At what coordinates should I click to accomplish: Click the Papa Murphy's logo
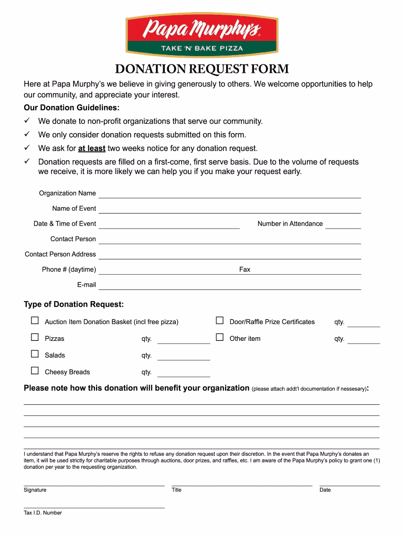coord(202,34)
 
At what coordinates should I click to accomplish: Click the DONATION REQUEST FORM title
coord(202,69)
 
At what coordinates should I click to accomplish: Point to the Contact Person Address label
coord(60,254)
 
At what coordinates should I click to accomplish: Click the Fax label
coord(244,270)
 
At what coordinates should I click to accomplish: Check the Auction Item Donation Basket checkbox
coord(35,321)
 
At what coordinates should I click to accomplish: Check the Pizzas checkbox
coord(35,338)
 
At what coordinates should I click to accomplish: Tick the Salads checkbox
coord(35,355)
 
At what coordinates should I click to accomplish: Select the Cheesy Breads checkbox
coord(35,371)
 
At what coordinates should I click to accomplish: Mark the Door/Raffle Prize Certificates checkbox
coord(220,321)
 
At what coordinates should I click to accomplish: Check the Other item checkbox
coord(220,338)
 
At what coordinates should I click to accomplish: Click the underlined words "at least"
coord(92,148)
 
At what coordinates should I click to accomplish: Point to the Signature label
coord(35,490)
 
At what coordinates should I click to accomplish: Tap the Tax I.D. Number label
coord(42,513)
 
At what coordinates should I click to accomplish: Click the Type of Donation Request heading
coord(74,305)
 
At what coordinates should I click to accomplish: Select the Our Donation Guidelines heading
coord(71,108)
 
